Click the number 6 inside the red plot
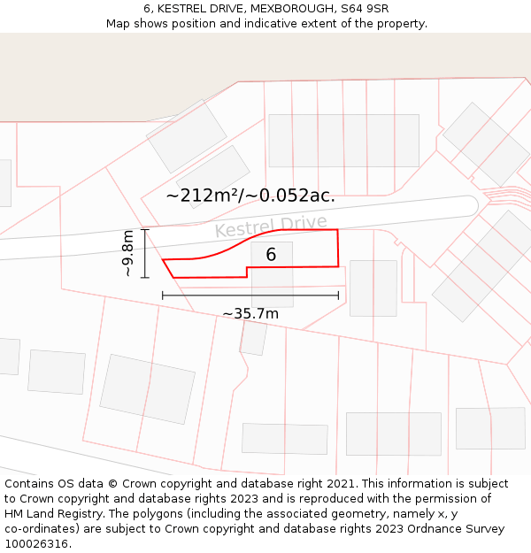pyautogui.click(x=271, y=255)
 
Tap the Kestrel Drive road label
pyautogui.click(x=271, y=227)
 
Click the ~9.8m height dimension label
pyautogui.click(x=128, y=253)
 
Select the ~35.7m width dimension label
pyautogui.click(x=250, y=313)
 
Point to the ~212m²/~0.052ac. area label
pyautogui.click(x=250, y=196)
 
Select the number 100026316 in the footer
pyautogui.click(x=36, y=544)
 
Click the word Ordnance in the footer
pyautogui.click(x=417, y=529)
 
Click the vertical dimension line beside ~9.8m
pyautogui.click(x=145, y=253)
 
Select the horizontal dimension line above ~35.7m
pyautogui.click(x=250, y=296)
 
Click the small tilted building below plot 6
pyautogui.click(x=253, y=338)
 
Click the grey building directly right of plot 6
pyautogui.click(x=373, y=288)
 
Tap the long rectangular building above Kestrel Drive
pyautogui.click(x=343, y=140)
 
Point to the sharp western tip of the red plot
pyautogui.click(x=164, y=260)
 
